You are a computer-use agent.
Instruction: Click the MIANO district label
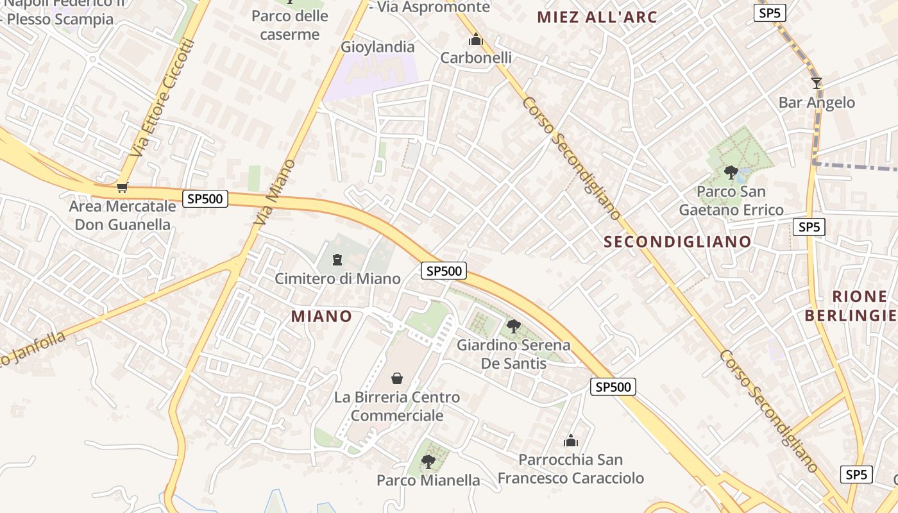(321, 316)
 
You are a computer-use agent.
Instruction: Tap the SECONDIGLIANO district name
(677, 242)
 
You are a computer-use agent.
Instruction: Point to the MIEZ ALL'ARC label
(597, 17)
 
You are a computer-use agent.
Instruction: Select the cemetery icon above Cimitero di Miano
(337, 260)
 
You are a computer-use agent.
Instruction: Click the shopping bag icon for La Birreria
(397, 378)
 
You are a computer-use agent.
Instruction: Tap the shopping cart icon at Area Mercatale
(122, 187)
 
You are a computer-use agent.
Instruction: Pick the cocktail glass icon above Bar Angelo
(816, 83)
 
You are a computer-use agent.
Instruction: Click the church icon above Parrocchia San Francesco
(570, 441)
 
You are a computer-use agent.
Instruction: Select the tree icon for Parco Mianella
(428, 461)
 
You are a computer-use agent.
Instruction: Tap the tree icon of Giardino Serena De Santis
(513, 326)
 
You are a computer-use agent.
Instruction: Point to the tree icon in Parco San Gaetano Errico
(731, 172)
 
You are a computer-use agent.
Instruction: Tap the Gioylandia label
(377, 47)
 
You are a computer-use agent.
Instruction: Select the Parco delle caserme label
(290, 25)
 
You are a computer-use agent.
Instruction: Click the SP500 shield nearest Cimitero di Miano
(444, 271)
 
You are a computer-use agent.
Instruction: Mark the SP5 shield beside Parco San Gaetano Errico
(808, 227)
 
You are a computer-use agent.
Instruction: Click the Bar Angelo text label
(816, 103)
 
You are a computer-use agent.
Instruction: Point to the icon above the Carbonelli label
(475, 40)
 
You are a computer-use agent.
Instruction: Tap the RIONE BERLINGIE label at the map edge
(851, 306)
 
